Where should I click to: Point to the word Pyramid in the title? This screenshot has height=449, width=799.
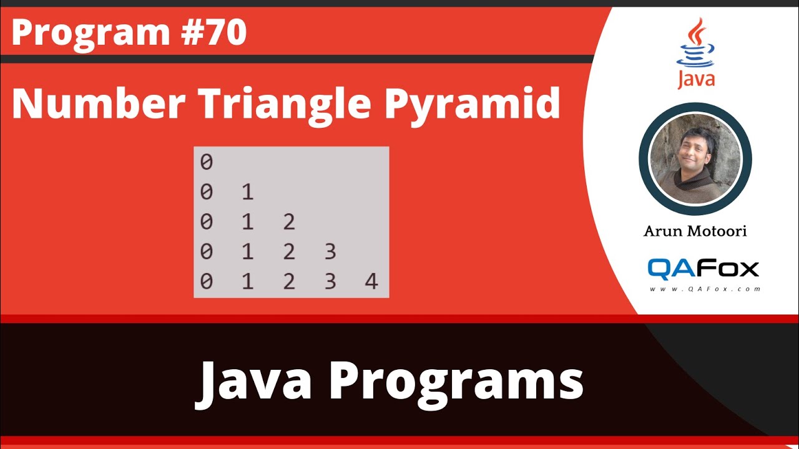tap(472, 105)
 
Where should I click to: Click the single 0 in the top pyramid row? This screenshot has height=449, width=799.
tap(207, 162)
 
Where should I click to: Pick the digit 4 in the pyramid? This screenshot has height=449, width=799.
tap(371, 282)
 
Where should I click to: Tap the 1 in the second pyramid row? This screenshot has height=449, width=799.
tap(248, 192)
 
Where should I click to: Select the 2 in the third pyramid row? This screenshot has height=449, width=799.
tap(288, 222)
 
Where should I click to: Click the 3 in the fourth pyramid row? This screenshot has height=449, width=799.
tap(330, 252)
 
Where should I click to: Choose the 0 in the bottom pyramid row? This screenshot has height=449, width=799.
tap(207, 282)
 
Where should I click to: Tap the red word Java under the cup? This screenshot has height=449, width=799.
tap(696, 80)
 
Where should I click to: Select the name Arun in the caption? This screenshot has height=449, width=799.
tap(664, 231)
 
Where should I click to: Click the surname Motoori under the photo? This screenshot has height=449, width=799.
tap(718, 231)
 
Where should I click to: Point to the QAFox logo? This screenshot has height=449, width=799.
tap(703, 268)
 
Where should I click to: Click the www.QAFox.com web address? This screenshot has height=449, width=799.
tap(703, 289)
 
